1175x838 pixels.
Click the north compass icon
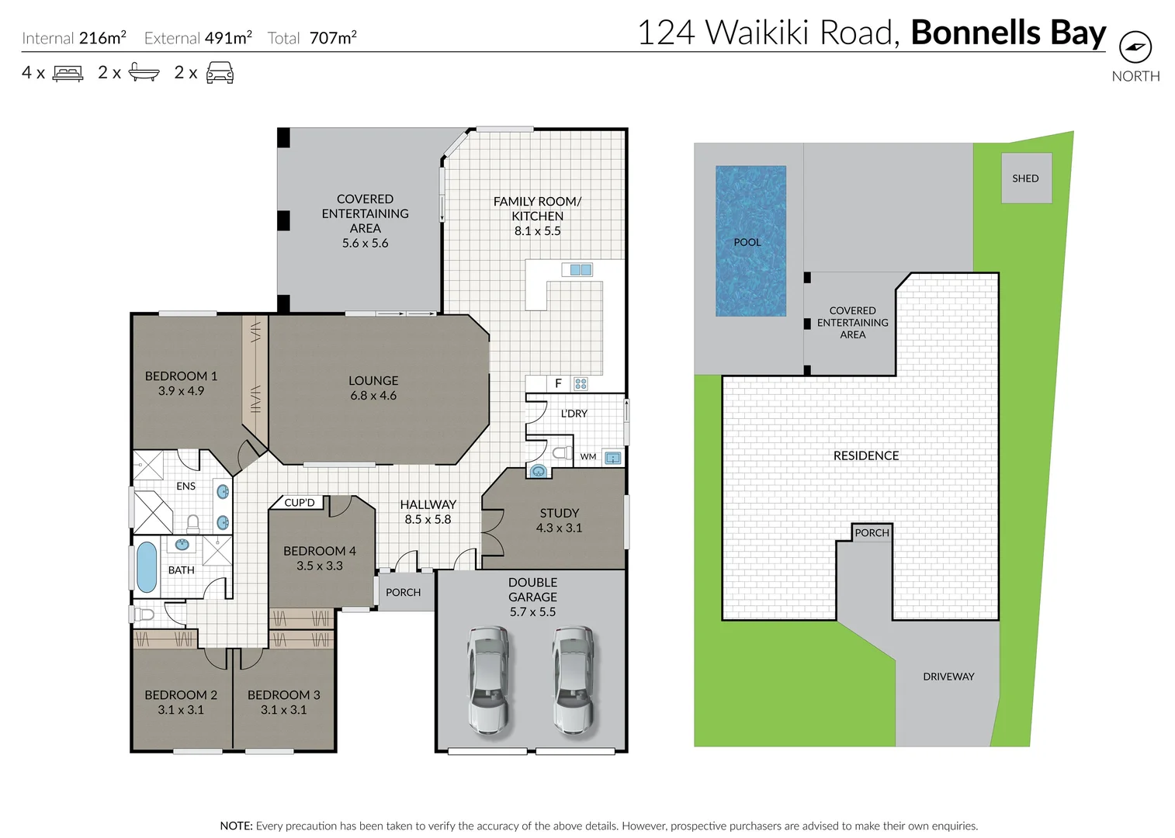(x=1135, y=47)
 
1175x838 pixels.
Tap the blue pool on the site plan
(x=750, y=241)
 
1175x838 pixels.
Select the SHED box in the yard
(x=1025, y=178)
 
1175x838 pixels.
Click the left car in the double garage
(x=488, y=680)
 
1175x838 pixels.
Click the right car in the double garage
(x=574, y=680)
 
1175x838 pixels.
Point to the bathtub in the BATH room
(x=147, y=566)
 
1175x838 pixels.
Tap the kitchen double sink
(x=581, y=269)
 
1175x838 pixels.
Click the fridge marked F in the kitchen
(x=557, y=383)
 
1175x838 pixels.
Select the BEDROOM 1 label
(x=181, y=376)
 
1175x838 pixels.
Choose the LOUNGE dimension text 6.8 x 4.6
(x=373, y=396)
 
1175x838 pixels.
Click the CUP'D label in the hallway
(x=300, y=503)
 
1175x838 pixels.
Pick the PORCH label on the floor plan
(x=403, y=592)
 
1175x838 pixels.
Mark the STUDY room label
(x=559, y=513)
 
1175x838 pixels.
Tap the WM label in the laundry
(x=588, y=456)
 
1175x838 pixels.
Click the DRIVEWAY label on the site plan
(x=948, y=677)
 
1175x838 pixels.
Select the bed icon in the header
(x=68, y=74)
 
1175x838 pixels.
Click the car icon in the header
(x=220, y=73)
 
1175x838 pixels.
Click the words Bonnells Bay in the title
(x=1007, y=33)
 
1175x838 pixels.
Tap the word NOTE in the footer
(x=236, y=826)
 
